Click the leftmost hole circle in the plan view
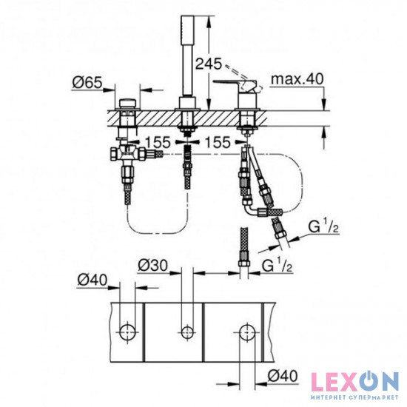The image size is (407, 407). click(x=127, y=329)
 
